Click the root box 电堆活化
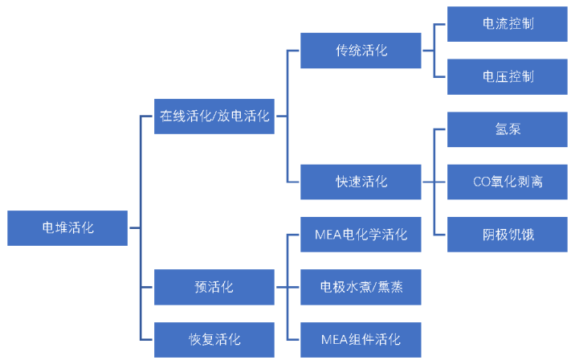tap(67, 228)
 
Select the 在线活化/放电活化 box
tap(214, 116)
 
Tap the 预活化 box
tap(214, 287)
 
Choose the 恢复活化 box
tap(214, 339)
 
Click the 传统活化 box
tap(361, 51)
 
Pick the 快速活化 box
tap(361, 182)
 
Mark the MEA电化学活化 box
tap(361, 235)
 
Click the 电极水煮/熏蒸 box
tap(361, 287)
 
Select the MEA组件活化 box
tap(361, 339)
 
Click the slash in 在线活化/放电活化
tap(215, 116)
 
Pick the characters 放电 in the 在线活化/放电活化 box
tap(230, 116)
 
